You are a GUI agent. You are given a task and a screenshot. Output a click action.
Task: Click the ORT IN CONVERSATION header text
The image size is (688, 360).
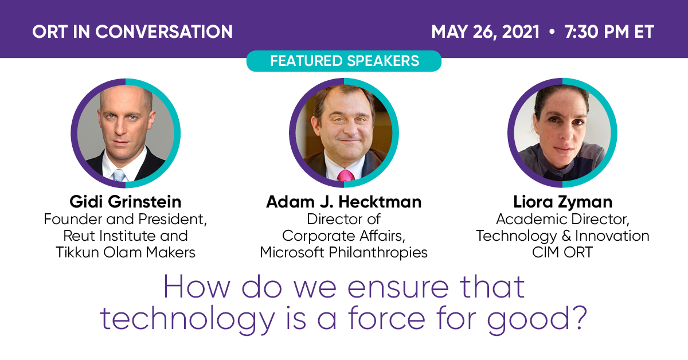click(132, 31)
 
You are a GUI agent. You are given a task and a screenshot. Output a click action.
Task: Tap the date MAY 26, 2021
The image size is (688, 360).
click(485, 31)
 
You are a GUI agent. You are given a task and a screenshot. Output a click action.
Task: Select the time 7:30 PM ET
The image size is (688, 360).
click(609, 31)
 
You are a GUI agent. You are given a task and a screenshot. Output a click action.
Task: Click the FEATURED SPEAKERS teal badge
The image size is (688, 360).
click(344, 61)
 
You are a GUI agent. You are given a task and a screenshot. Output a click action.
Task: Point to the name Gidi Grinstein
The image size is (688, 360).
click(125, 202)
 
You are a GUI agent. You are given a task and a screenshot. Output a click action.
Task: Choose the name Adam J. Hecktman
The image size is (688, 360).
click(343, 202)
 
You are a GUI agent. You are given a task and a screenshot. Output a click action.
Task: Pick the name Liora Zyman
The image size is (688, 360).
click(562, 202)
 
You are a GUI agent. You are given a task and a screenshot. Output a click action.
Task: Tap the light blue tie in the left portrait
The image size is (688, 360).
click(119, 175)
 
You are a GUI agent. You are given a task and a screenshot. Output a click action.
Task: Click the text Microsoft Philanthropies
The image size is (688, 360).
click(343, 252)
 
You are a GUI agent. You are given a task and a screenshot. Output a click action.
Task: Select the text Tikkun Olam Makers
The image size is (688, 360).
click(125, 252)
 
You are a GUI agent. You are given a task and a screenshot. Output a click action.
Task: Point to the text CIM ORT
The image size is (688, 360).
click(562, 252)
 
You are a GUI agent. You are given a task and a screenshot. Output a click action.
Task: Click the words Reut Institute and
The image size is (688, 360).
click(125, 236)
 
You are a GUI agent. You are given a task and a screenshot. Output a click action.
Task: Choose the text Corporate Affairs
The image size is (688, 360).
click(343, 236)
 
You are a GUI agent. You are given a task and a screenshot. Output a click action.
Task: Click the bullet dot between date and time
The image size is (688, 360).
click(552, 32)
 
